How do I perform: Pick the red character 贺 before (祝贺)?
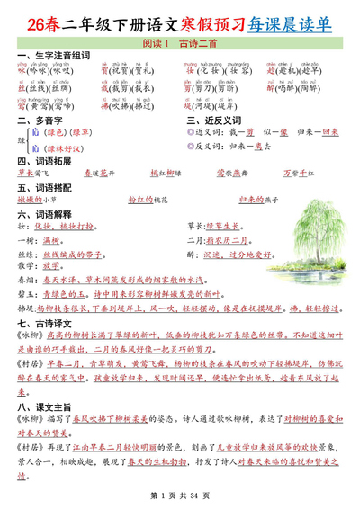(x=103, y=74)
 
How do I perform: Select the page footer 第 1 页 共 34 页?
(x=180, y=496)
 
